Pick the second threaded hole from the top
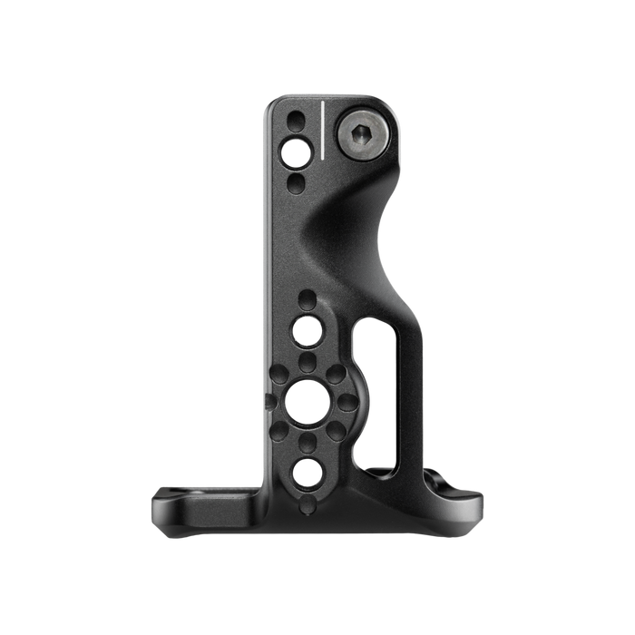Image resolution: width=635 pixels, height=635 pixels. point(307,331)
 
